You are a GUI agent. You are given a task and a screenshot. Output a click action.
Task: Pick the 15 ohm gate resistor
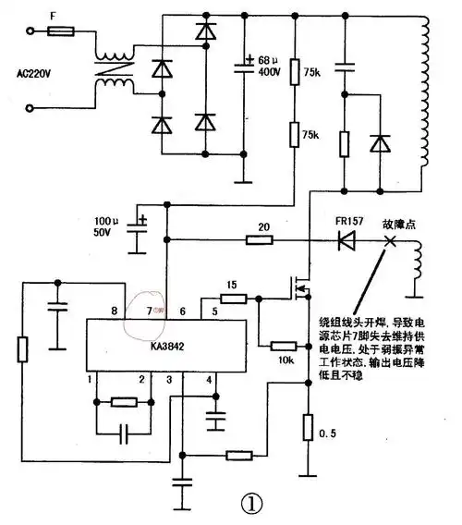click(234, 299)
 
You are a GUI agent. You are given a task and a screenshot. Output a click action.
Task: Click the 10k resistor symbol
click(283, 345)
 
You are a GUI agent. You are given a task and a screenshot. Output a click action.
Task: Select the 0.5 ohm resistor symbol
click(308, 427)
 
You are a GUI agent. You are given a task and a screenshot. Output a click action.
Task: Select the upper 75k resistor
click(294, 72)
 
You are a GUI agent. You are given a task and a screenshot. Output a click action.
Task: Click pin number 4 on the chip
click(209, 379)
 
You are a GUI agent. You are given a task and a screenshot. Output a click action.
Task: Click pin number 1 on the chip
click(91, 379)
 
